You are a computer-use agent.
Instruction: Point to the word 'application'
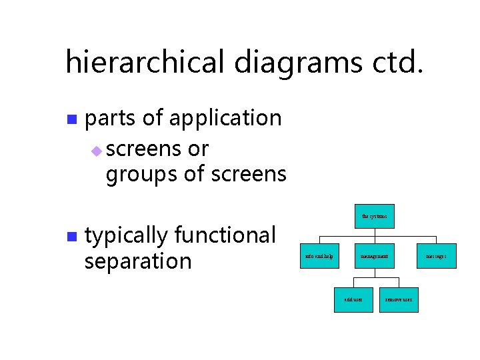pos(225,119)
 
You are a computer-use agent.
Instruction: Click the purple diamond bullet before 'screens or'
pos(96,151)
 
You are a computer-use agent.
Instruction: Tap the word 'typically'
pos(127,236)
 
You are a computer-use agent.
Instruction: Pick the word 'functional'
pos(225,235)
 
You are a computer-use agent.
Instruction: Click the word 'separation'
pos(138,261)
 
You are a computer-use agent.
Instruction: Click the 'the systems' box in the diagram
pos(374,216)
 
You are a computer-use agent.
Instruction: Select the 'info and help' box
pos(319,256)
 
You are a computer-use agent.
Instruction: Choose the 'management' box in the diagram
pos(374,256)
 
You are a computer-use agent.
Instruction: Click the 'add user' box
pos(353,300)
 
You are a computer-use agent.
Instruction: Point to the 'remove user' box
pos(399,300)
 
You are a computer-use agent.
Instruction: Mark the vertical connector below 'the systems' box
pos(374,232)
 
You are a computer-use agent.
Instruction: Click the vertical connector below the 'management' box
pos(374,273)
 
